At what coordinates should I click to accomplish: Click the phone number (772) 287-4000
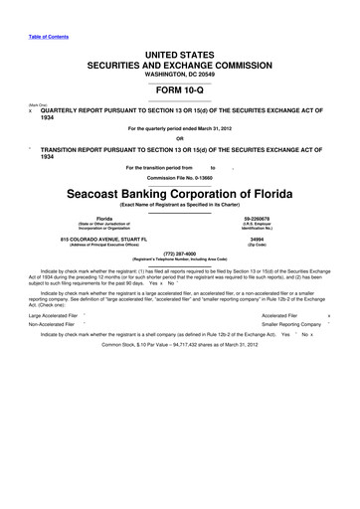(180, 253)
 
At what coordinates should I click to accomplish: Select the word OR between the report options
(180, 138)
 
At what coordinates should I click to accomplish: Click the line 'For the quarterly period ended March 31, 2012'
(180, 127)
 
